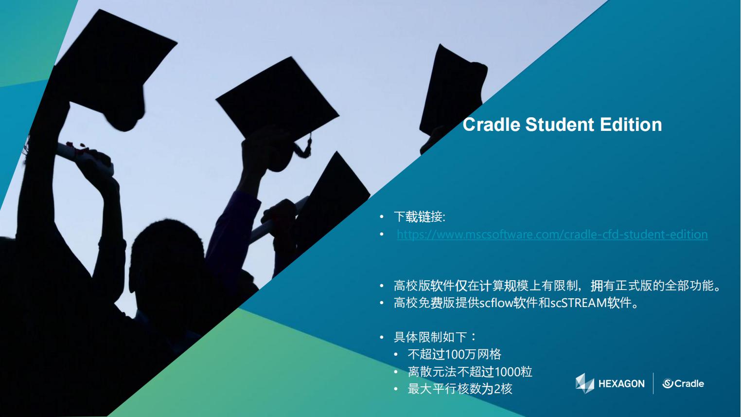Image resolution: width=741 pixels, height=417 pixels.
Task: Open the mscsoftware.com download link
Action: click(552, 235)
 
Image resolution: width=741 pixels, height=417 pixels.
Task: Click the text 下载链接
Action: click(418, 217)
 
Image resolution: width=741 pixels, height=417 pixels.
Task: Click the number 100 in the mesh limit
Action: click(455, 354)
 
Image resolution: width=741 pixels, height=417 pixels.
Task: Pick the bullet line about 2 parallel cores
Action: click(460, 389)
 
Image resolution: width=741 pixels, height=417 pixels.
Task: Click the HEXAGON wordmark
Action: click(621, 384)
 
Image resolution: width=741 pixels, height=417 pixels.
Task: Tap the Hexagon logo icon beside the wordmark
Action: click(585, 383)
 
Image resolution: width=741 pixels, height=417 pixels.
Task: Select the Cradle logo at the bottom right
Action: click(683, 383)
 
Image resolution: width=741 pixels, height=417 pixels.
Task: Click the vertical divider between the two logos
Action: click(653, 383)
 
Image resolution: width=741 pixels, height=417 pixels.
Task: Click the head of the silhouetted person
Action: click(167, 261)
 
